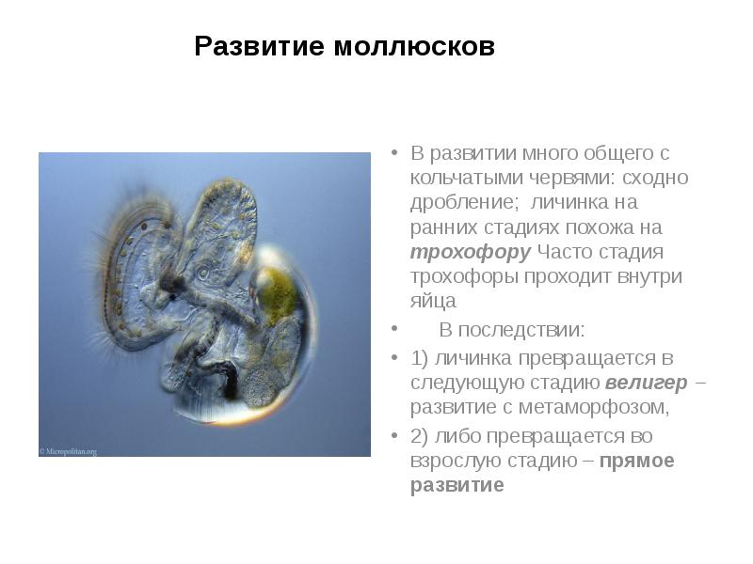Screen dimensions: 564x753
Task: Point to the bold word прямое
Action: click(x=637, y=461)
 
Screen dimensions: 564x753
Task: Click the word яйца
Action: click(x=433, y=303)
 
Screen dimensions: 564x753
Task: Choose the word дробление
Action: click(x=460, y=203)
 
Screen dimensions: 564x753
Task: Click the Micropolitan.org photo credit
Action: click(x=69, y=451)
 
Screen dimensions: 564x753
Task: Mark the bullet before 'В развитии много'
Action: click(x=393, y=152)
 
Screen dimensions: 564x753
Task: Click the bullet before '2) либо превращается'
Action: click(x=393, y=436)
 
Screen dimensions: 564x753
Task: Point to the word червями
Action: click(x=567, y=178)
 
